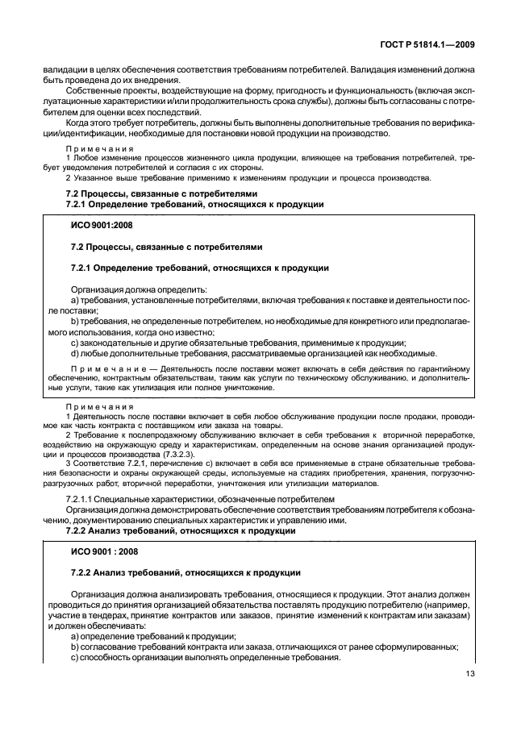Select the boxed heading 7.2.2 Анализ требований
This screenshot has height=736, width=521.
[x=185, y=572]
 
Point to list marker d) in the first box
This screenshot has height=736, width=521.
[x=75, y=352]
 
